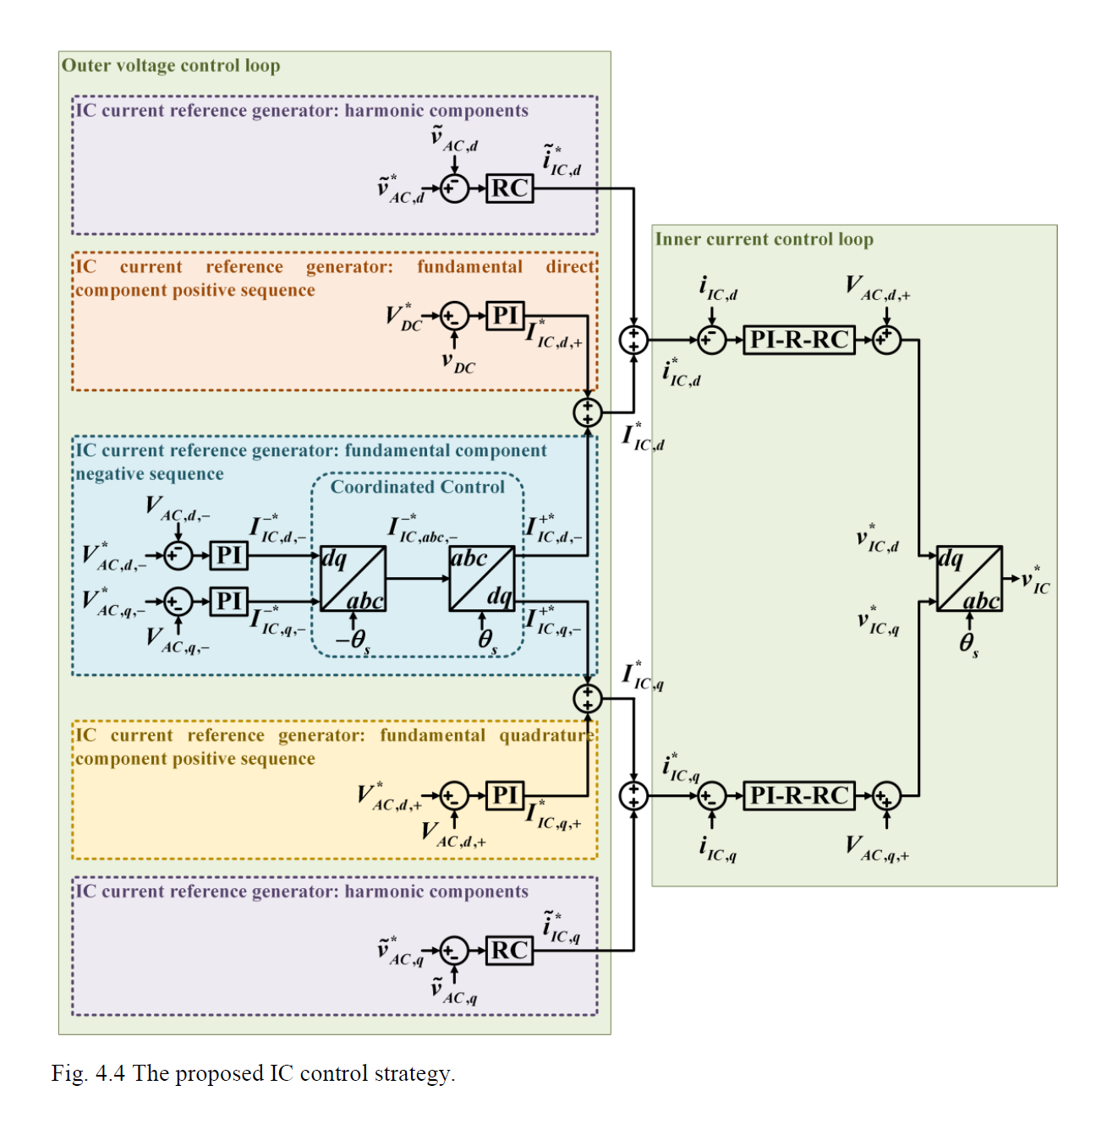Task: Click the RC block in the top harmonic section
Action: point(510,188)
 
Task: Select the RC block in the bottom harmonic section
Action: point(510,951)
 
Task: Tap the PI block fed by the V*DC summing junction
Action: point(505,316)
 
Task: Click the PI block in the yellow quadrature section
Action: point(505,795)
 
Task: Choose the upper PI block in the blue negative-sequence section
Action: point(228,555)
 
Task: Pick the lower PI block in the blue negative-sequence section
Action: point(228,601)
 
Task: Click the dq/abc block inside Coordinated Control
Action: point(353,579)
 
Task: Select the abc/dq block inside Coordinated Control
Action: point(482,579)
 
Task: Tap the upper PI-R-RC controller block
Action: point(798,340)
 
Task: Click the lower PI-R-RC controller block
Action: point(798,795)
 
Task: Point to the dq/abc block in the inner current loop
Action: point(969,579)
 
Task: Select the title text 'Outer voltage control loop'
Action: point(171,66)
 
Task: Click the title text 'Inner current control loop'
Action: point(764,239)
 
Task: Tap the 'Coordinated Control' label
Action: point(417,487)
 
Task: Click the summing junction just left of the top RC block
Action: point(454,188)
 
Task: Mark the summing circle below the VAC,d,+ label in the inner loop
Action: point(886,340)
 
